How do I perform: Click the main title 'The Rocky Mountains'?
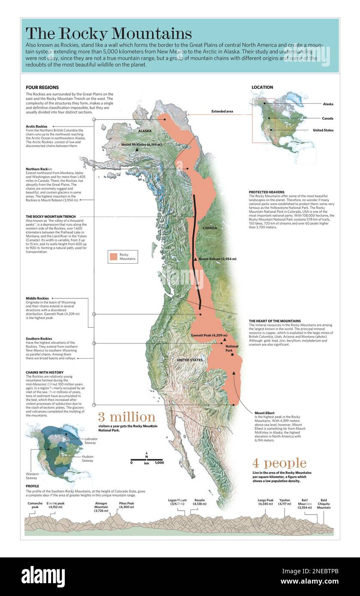(x=109, y=33)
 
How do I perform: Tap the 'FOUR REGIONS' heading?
(x=42, y=87)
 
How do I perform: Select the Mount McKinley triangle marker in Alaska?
(x=137, y=150)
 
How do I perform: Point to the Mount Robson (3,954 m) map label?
(x=217, y=259)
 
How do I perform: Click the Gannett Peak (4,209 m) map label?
(x=209, y=335)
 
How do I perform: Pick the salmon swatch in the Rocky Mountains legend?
(x=113, y=256)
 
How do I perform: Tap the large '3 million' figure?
(x=126, y=417)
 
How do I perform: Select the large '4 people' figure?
(x=279, y=463)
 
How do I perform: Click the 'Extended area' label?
(x=222, y=111)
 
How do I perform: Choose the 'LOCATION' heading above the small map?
(x=262, y=87)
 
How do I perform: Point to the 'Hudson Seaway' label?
(x=88, y=459)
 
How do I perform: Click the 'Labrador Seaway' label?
(x=91, y=441)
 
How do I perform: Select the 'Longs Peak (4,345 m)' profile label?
(x=266, y=502)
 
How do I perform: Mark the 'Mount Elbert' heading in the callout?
(x=265, y=413)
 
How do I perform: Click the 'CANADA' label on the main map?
(x=209, y=228)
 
